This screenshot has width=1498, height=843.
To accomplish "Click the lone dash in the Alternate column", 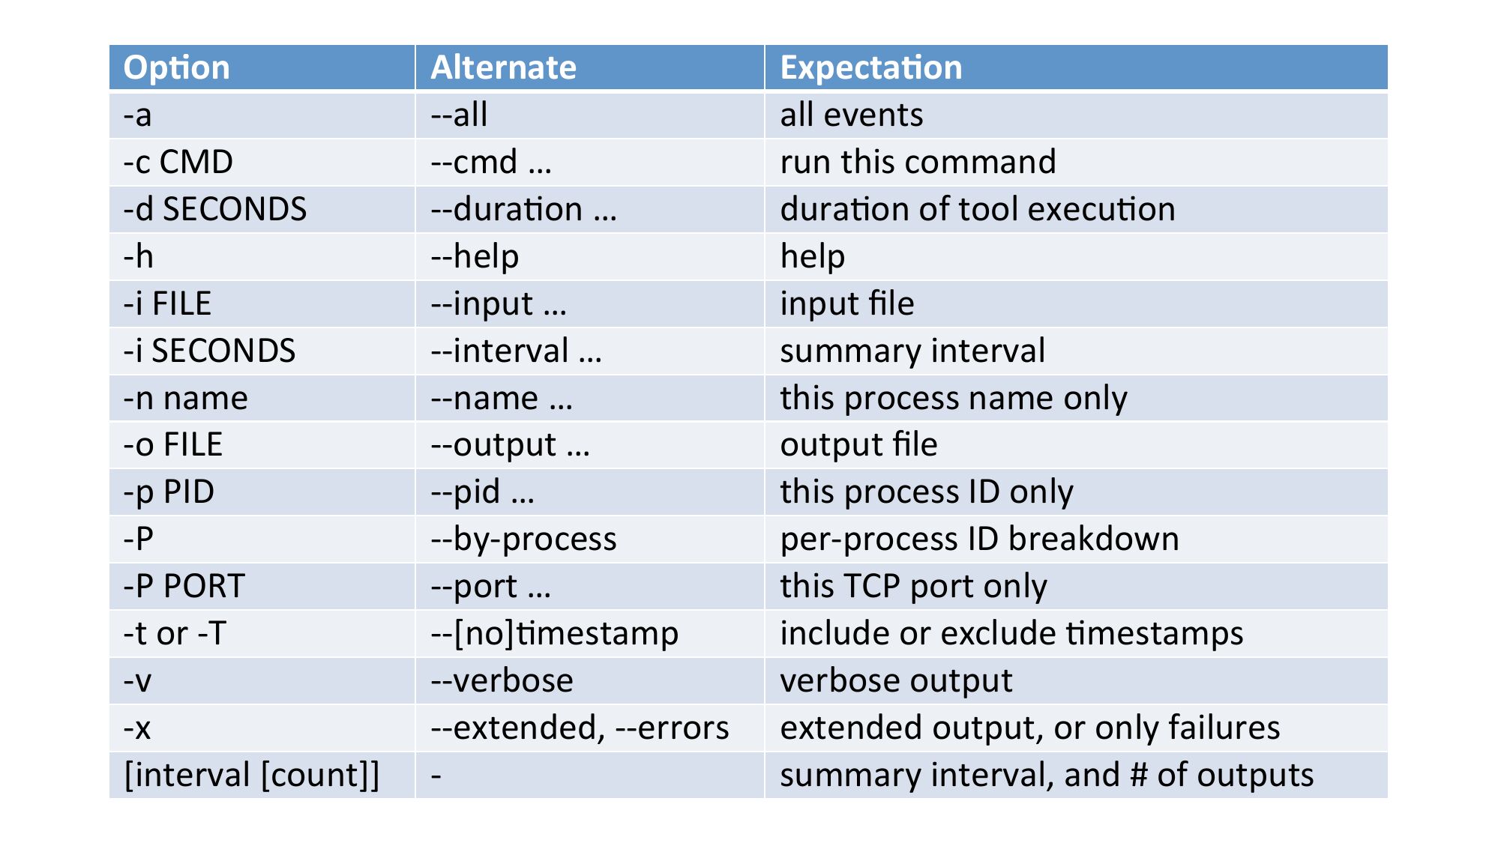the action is coord(436,776).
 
